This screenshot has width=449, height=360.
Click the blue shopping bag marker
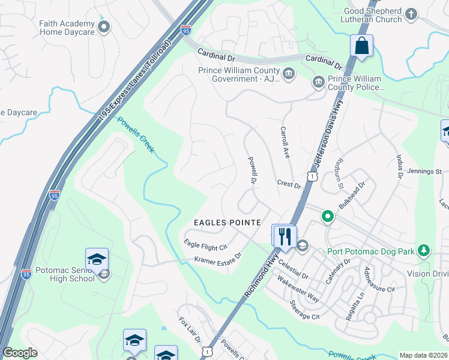(361, 46)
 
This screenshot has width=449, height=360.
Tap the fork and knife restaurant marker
(284, 235)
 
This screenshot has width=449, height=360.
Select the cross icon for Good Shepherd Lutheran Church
(411, 14)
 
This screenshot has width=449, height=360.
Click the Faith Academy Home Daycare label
(67, 28)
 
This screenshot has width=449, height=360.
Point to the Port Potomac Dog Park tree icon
(424, 250)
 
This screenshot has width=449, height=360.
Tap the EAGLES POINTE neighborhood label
(227, 223)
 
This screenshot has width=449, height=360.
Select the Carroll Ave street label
(286, 142)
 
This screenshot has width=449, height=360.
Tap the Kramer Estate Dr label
(217, 258)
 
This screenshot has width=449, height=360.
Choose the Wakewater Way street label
(298, 289)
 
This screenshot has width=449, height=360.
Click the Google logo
(20, 353)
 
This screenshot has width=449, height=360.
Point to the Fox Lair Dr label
(190, 331)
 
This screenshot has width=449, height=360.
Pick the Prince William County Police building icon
(318, 82)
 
